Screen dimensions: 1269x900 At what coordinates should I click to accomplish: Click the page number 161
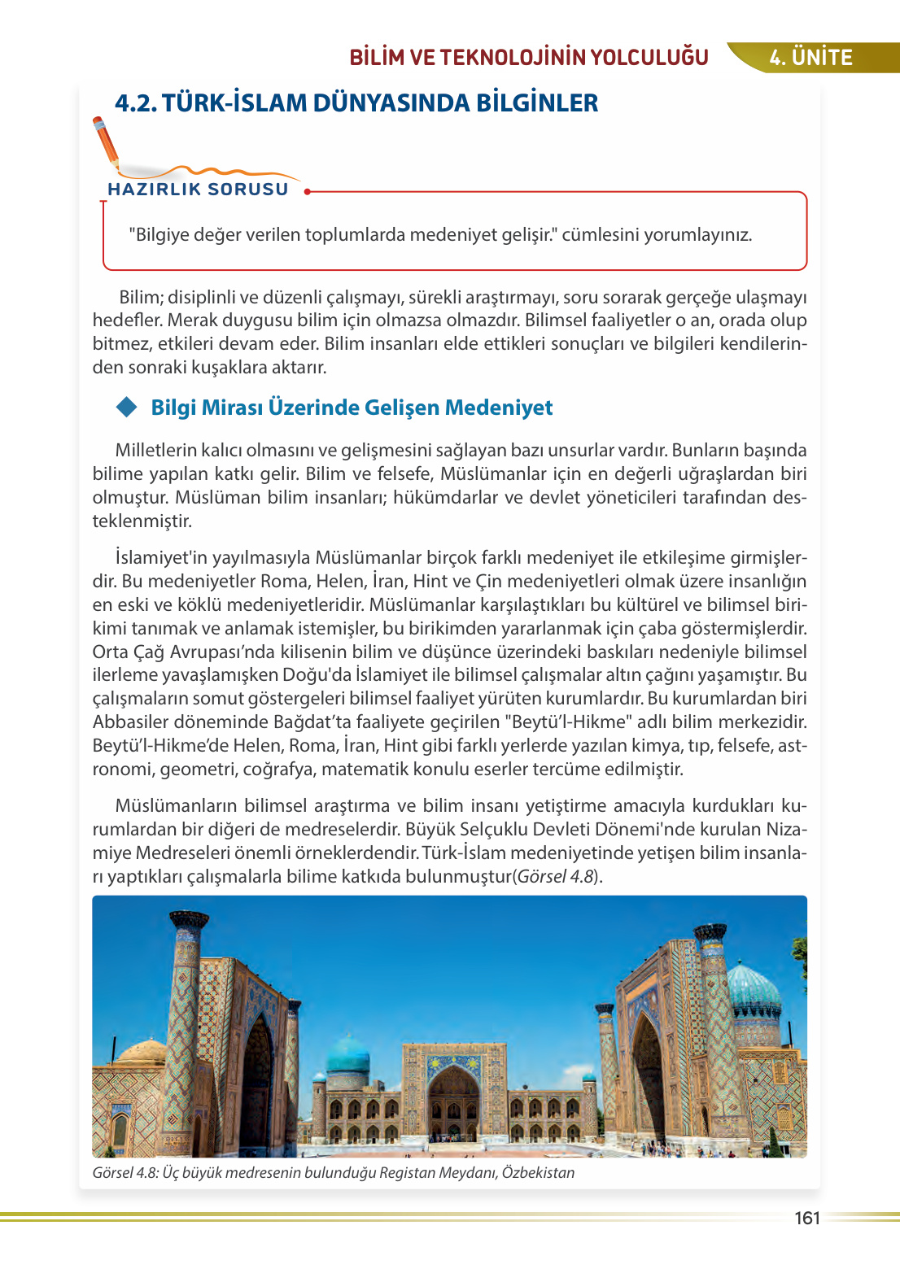[x=806, y=1218]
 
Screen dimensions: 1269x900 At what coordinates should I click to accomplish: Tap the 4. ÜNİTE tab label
[x=810, y=58]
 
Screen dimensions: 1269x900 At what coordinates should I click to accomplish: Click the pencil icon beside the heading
[x=106, y=143]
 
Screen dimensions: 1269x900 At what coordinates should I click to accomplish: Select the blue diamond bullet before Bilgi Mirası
[x=127, y=407]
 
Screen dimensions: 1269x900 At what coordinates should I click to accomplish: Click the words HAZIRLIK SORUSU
[x=198, y=189]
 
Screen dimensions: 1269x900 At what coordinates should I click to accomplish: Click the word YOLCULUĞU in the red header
[x=649, y=58]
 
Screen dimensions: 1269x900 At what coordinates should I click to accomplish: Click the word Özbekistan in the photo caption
[x=538, y=1173]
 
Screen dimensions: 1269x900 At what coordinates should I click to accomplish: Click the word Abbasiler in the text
[x=131, y=722]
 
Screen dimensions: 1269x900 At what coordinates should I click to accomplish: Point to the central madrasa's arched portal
[x=453, y=1102]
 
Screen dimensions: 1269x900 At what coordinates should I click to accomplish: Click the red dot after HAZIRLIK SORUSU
[x=307, y=192]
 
